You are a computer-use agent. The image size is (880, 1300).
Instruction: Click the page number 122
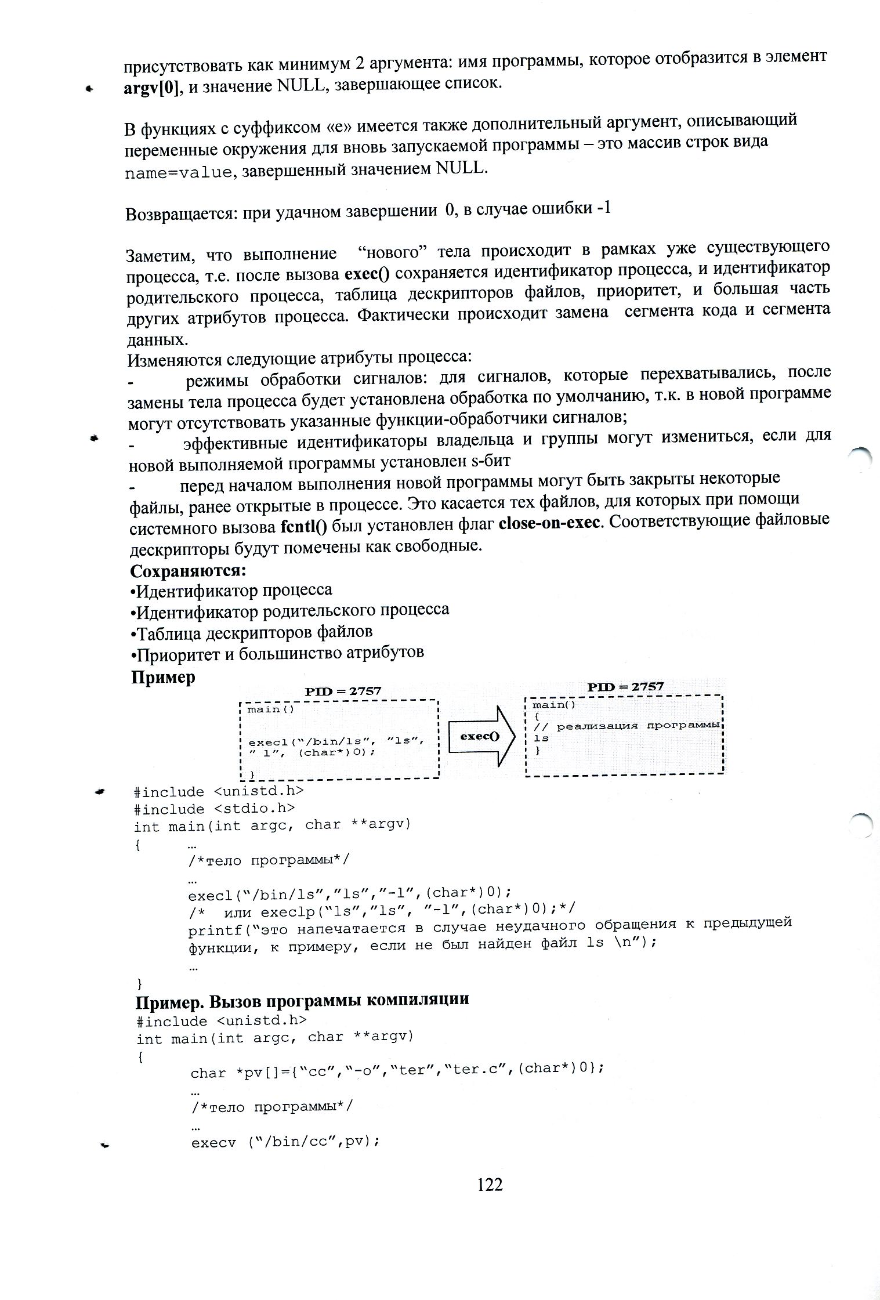pos(490,1185)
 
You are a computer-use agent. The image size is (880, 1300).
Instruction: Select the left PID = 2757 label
pos(343,691)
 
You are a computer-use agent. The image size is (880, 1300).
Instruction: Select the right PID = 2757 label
pos(625,687)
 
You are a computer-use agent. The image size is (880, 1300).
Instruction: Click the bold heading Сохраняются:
pos(189,571)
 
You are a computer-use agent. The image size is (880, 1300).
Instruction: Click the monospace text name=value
pos(178,173)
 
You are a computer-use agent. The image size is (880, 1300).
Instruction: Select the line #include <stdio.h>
pos(214,808)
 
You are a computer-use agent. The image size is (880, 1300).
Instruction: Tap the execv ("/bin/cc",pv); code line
pos(285,1142)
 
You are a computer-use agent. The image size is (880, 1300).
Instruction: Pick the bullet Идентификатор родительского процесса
pos(290,611)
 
